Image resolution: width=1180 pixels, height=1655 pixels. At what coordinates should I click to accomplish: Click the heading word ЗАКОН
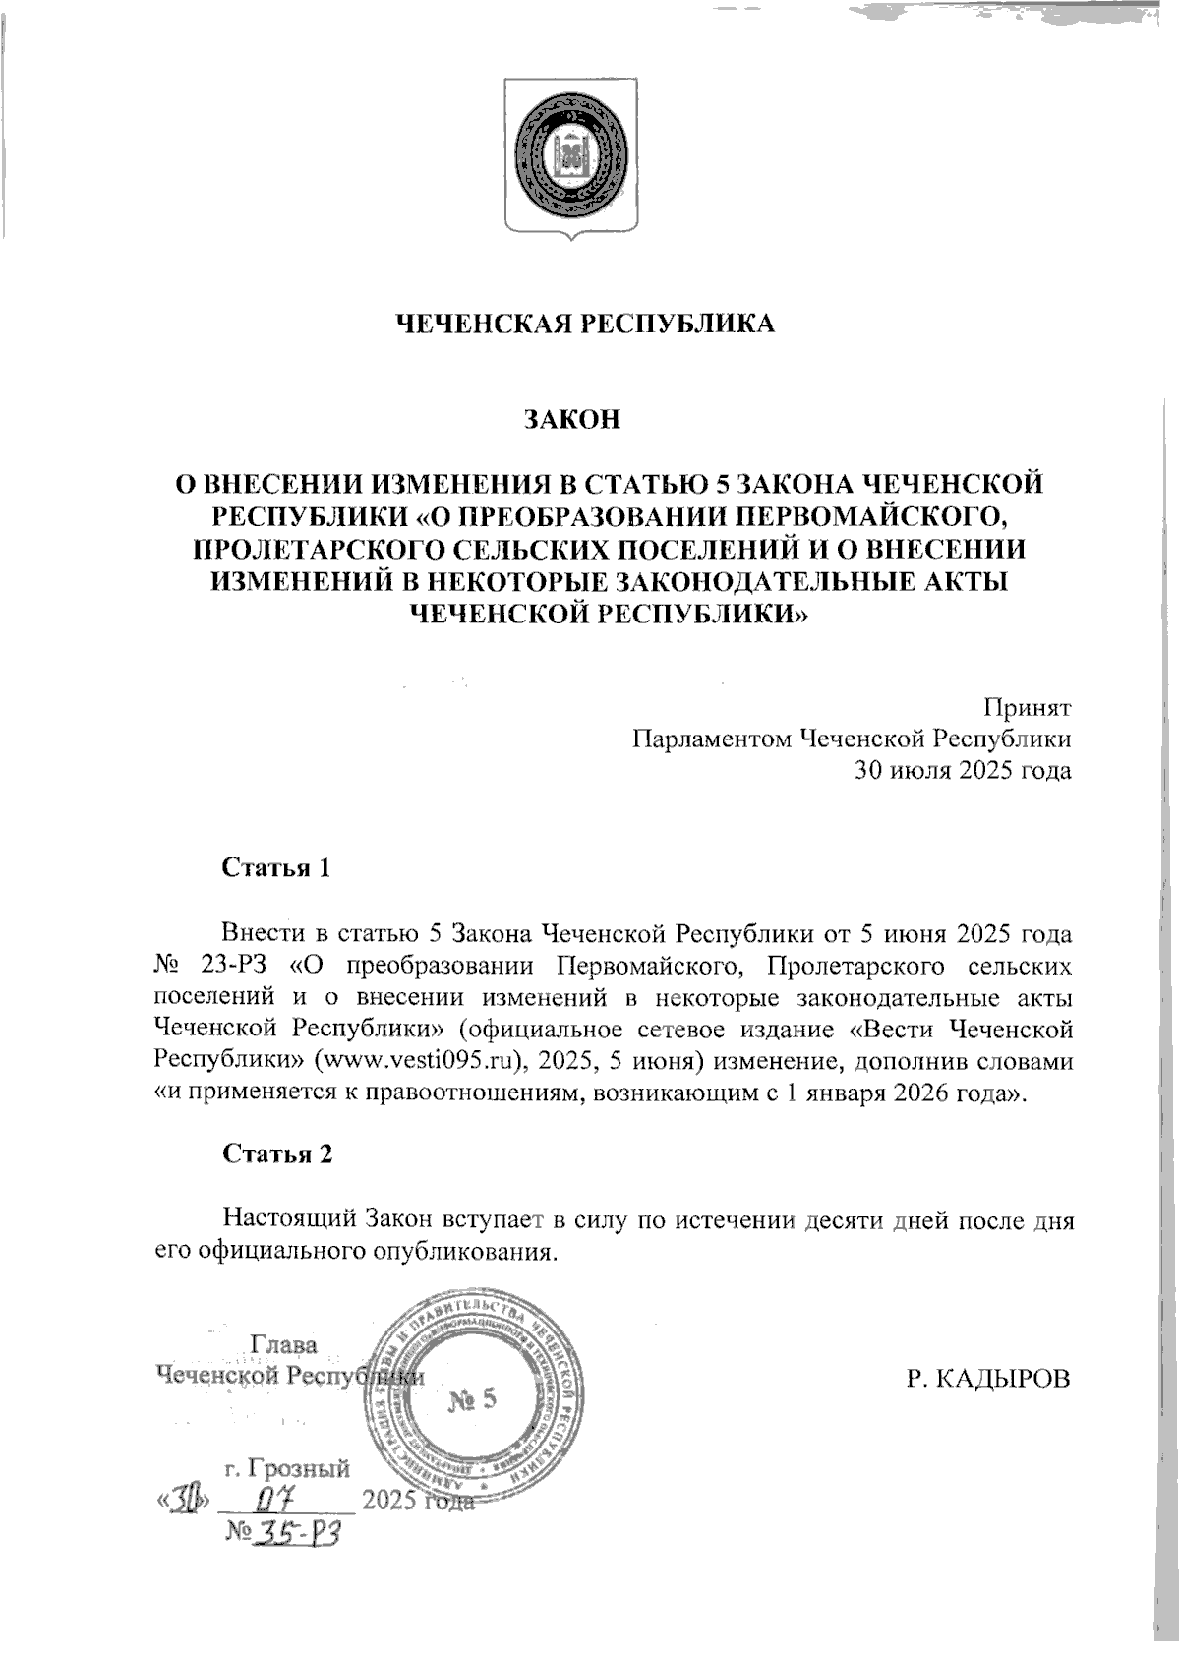point(571,419)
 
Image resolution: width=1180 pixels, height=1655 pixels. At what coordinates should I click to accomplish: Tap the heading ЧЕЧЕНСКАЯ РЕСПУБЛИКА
point(585,325)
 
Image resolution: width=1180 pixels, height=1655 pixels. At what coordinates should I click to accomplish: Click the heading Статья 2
point(277,1153)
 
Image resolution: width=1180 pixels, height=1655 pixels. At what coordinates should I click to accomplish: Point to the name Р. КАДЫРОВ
point(987,1379)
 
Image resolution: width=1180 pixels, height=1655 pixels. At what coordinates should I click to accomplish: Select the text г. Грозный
point(287,1469)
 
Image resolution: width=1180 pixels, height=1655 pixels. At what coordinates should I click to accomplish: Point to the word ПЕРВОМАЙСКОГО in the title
point(872,515)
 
